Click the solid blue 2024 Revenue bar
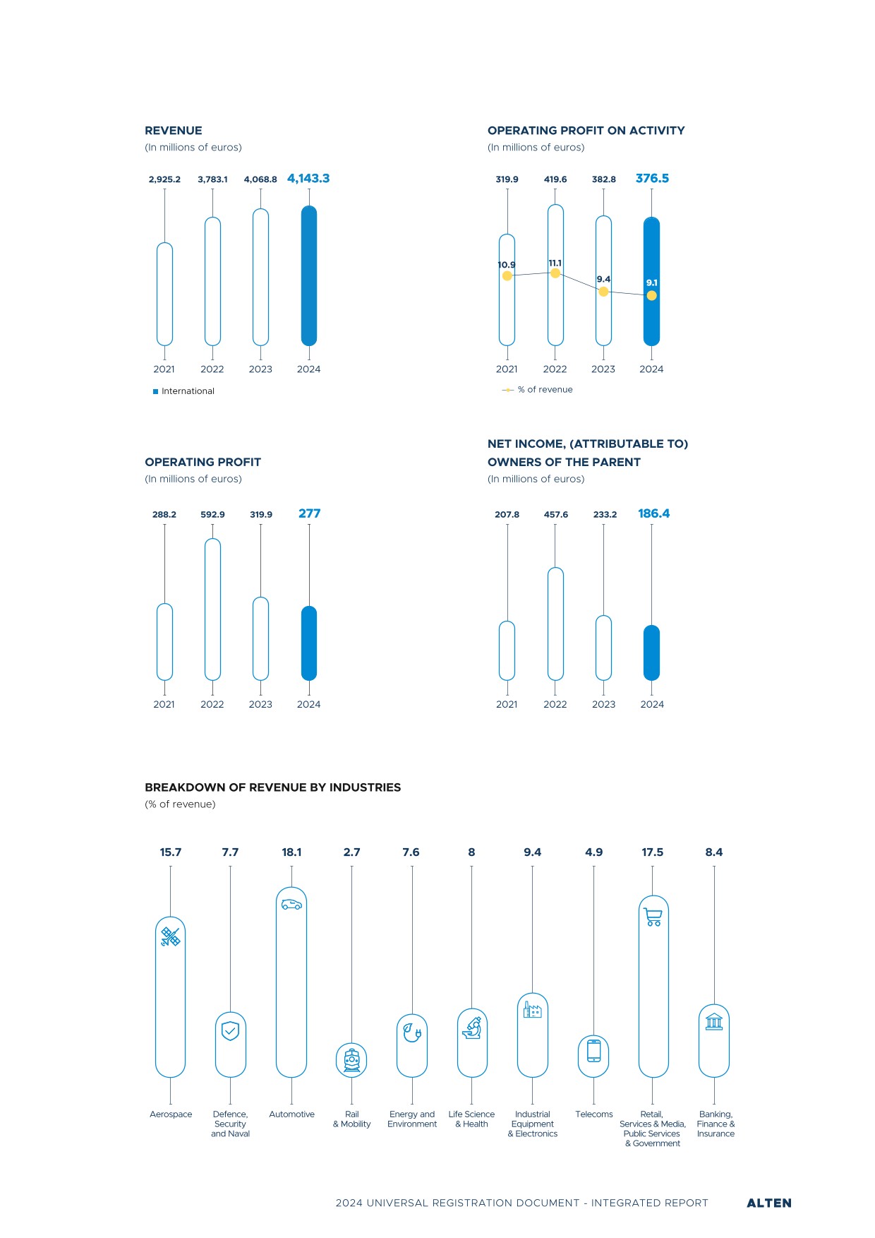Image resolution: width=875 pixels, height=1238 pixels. point(309,275)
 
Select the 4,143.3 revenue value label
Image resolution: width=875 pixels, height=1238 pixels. point(308,179)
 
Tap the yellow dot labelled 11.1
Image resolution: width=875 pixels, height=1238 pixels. point(555,273)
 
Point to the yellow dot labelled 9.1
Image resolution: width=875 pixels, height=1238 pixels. point(652,296)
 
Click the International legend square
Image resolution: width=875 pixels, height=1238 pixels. point(156,391)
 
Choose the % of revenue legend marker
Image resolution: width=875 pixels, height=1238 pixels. point(508,390)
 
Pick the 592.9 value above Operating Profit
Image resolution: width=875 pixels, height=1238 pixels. point(212,515)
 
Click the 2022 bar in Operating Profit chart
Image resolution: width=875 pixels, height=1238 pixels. point(212,609)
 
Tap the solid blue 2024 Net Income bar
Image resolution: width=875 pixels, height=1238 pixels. point(652,653)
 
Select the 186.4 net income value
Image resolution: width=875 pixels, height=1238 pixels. point(654,513)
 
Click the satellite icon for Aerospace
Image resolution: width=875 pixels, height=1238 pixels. point(170,937)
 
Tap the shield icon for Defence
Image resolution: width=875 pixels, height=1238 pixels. point(231,1031)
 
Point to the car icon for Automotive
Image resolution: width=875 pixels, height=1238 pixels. point(291,904)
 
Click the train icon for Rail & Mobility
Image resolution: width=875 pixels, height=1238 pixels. point(351,1061)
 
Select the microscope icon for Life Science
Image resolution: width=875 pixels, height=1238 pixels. point(472,1028)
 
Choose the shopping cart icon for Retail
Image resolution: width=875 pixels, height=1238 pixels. point(653,917)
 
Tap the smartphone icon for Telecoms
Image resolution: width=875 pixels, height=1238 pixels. point(594,1051)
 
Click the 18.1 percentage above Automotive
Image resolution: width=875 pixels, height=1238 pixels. point(291,852)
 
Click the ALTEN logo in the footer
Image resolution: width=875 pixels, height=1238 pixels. point(769,1203)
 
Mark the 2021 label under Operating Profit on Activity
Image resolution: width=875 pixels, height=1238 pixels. point(507,369)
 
